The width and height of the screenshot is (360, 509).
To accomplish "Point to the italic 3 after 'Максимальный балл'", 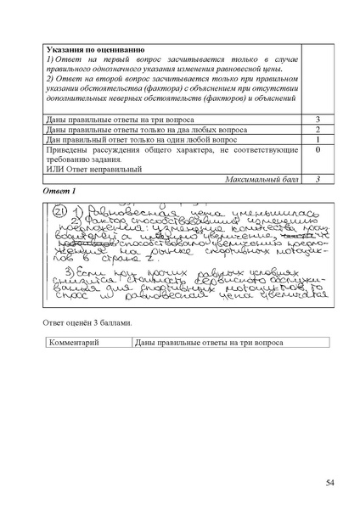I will click(x=317, y=180).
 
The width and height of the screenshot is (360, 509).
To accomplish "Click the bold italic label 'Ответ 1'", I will click(x=59, y=192).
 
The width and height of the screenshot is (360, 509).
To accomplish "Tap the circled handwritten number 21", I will click(x=59, y=212).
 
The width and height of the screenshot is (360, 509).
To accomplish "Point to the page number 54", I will click(x=330, y=483).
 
